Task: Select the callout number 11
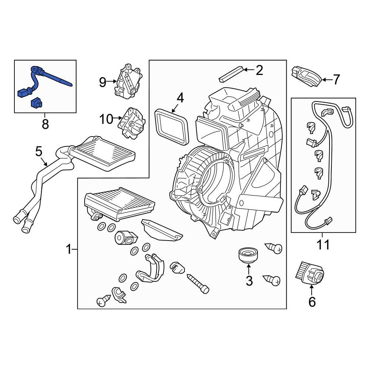click(323, 244)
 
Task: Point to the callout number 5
click(39, 151)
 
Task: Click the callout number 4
click(180, 98)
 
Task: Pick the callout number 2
click(259, 70)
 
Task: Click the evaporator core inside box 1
click(118, 201)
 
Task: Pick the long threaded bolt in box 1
click(197, 282)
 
